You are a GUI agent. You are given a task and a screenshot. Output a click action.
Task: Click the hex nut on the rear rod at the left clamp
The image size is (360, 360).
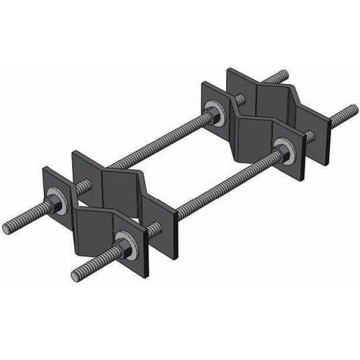pyautogui.click(x=54, y=204)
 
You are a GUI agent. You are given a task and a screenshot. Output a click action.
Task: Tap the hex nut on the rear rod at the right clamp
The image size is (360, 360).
pyautogui.click(x=214, y=112)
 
